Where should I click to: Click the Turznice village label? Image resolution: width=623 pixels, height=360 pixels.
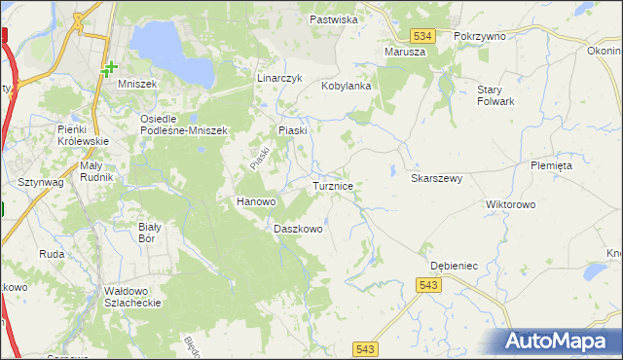339,185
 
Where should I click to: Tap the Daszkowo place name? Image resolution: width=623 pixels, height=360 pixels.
298,230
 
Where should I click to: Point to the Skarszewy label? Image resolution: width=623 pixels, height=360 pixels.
436,179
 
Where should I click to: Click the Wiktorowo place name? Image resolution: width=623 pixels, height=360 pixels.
511,205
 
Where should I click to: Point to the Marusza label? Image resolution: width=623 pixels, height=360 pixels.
405,52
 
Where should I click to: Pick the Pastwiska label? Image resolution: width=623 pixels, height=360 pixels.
335,19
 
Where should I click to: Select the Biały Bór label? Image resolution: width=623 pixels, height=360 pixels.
148,232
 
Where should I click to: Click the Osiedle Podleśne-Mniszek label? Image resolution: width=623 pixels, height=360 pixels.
183,125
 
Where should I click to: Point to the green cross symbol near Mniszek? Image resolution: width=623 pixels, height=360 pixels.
110,68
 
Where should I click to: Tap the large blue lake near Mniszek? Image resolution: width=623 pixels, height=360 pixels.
171,51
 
